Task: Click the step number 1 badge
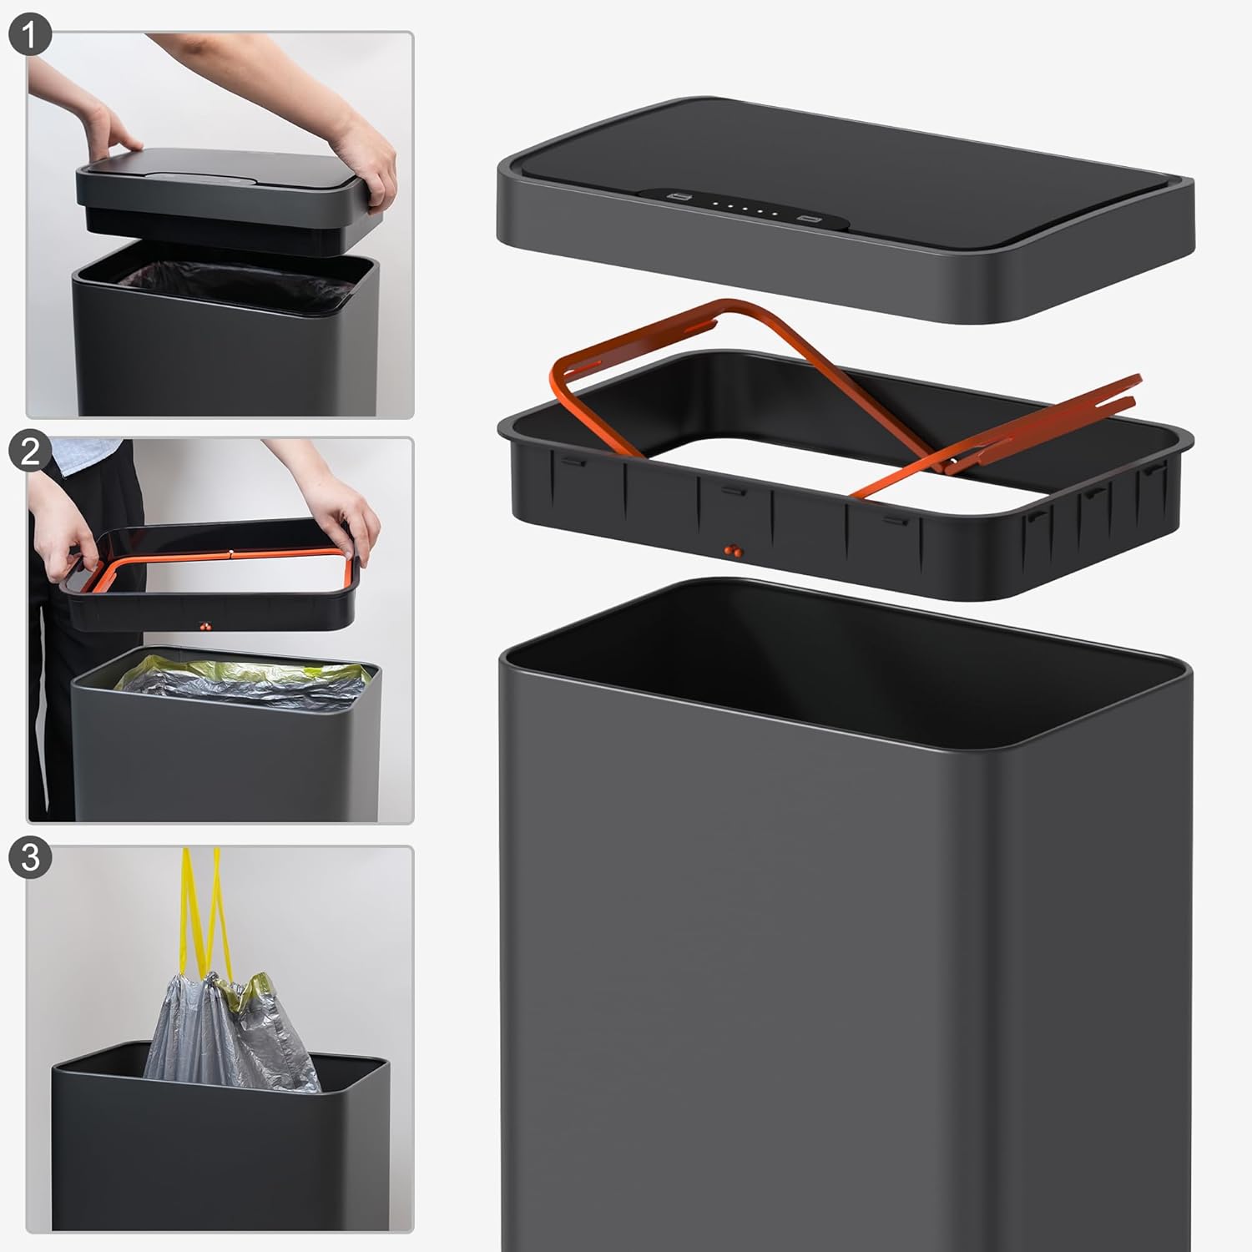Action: click(x=30, y=38)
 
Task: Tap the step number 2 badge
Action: click(x=30, y=451)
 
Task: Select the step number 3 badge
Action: click(x=30, y=857)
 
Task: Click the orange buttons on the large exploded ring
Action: click(x=732, y=550)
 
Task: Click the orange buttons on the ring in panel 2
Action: click(x=204, y=624)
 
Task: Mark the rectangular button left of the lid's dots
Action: click(x=679, y=198)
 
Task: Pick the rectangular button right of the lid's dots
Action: click(x=809, y=220)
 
